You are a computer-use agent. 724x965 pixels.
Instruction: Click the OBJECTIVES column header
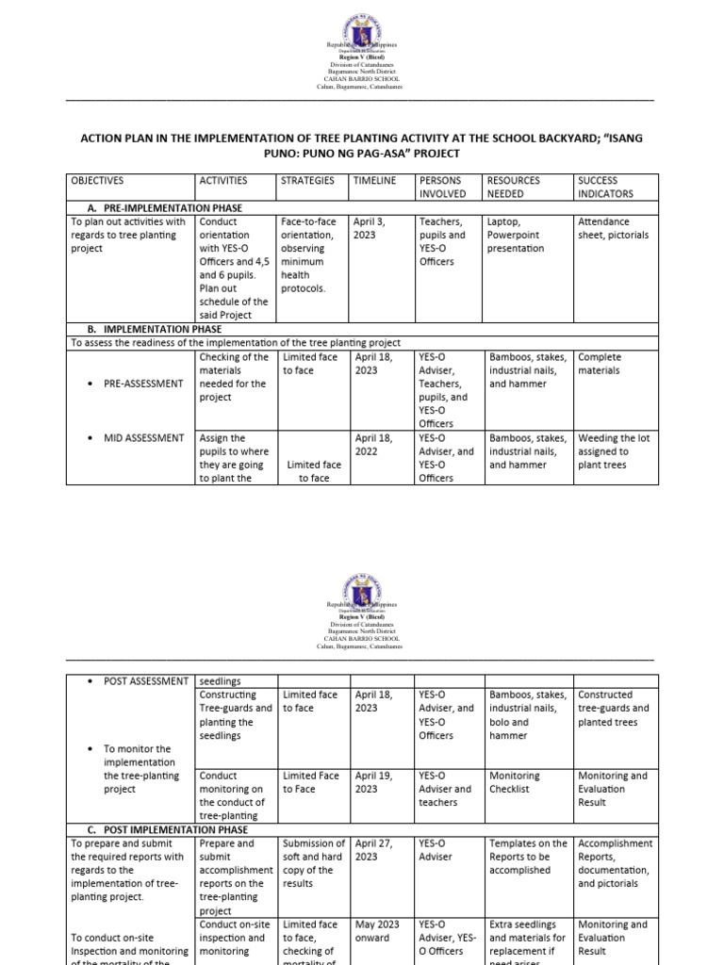[97, 180]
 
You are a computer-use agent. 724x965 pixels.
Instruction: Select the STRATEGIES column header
[307, 180]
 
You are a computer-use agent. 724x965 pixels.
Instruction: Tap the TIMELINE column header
[374, 180]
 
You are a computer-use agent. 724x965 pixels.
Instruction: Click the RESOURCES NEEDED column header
[514, 187]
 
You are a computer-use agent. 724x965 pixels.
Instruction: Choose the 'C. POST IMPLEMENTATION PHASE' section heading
[160, 829]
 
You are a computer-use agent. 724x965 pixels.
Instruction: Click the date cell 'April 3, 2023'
[370, 228]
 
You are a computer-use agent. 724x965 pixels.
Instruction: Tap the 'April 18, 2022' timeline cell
[374, 445]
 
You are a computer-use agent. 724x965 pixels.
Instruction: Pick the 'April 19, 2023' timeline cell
[374, 782]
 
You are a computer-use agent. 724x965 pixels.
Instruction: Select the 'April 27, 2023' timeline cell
[374, 850]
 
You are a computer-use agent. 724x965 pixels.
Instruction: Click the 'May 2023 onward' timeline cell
[375, 931]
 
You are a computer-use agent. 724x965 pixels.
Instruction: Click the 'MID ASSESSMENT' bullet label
[143, 438]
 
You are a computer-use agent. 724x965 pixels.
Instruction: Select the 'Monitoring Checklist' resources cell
[515, 782]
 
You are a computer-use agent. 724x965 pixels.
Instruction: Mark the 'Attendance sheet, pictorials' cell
[614, 228]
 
